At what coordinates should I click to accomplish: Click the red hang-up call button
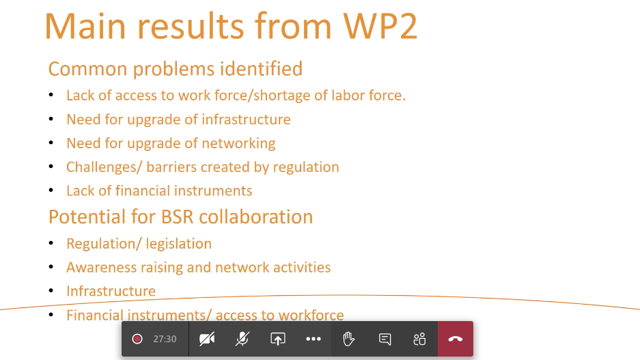click(x=456, y=339)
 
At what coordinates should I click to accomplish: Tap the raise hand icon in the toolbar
click(x=348, y=339)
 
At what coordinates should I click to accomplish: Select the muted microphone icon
click(x=242, y=339)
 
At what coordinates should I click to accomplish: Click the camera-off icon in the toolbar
click(x=207, y=339)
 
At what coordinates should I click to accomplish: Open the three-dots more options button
click(x=314, y=339)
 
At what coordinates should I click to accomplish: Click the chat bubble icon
click(x=385, y=339)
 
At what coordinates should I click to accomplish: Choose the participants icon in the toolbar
click(x=419, y=339)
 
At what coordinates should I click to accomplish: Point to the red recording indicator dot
click(x=137, y=339)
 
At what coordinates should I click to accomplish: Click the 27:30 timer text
click(x=165, y=339)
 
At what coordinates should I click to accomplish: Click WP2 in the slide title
click(x=380, y=26)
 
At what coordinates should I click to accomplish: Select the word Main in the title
click(x=85, y=26)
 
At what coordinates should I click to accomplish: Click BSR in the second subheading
click(x=177, y=217)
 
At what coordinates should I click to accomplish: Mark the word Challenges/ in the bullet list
click(x=104, y=167)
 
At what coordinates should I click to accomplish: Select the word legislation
click(x=179, y=244)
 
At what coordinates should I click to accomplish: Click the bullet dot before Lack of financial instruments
click(x=51, y=190)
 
